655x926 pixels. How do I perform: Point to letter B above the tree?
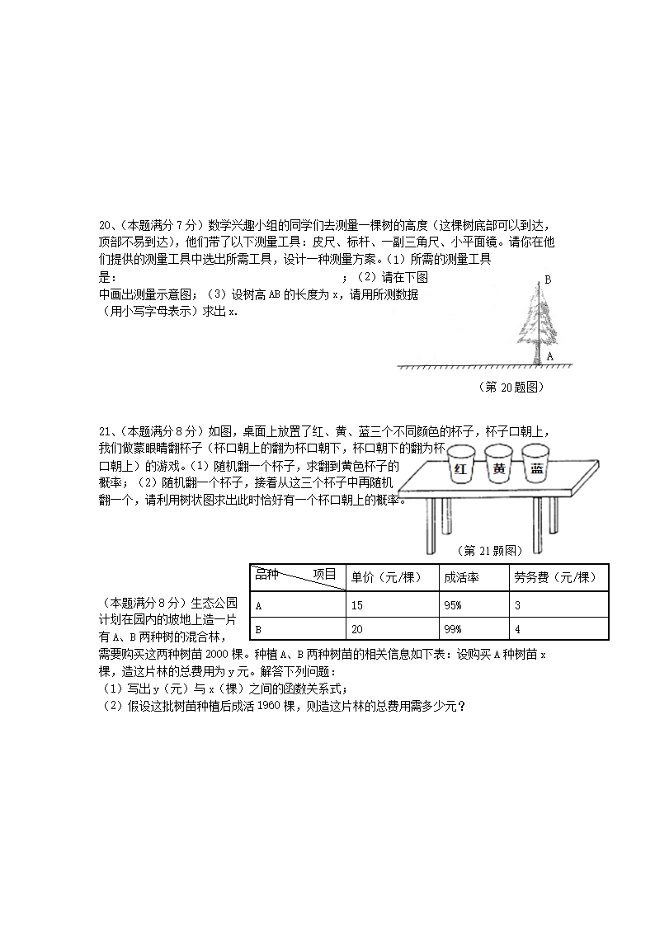(x=547, y=280)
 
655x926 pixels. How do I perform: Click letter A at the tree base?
(x=549, y=356)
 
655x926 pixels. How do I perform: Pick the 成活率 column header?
(x=460, y=577)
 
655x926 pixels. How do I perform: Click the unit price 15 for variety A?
(x=357, y=605)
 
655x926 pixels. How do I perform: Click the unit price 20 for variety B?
(x=357, y=629)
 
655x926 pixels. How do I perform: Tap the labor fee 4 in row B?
(x=517, y=629)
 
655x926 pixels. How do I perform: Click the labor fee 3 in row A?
(x=517, y=605)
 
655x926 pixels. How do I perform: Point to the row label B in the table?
(x=259, y=629)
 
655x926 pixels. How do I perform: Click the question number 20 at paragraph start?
(x=105, y=224)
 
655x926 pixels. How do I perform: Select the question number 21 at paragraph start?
(x=105, y=430)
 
